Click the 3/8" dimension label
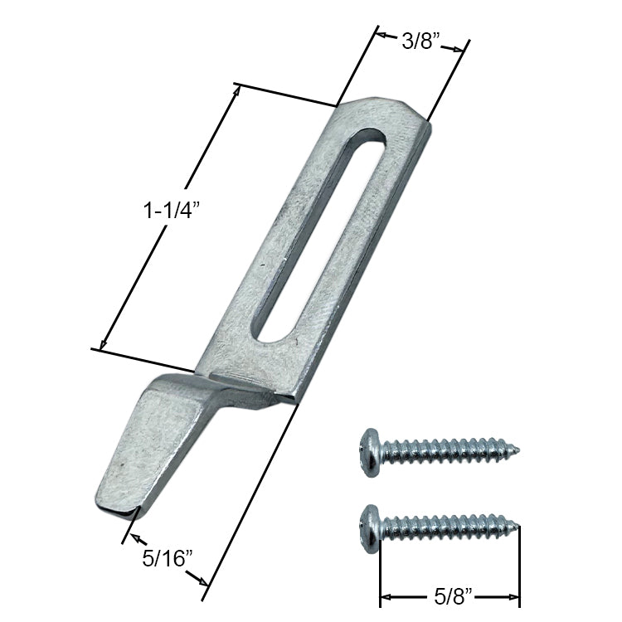(x=420, y=41)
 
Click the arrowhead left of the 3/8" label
(x=381, y=36)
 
